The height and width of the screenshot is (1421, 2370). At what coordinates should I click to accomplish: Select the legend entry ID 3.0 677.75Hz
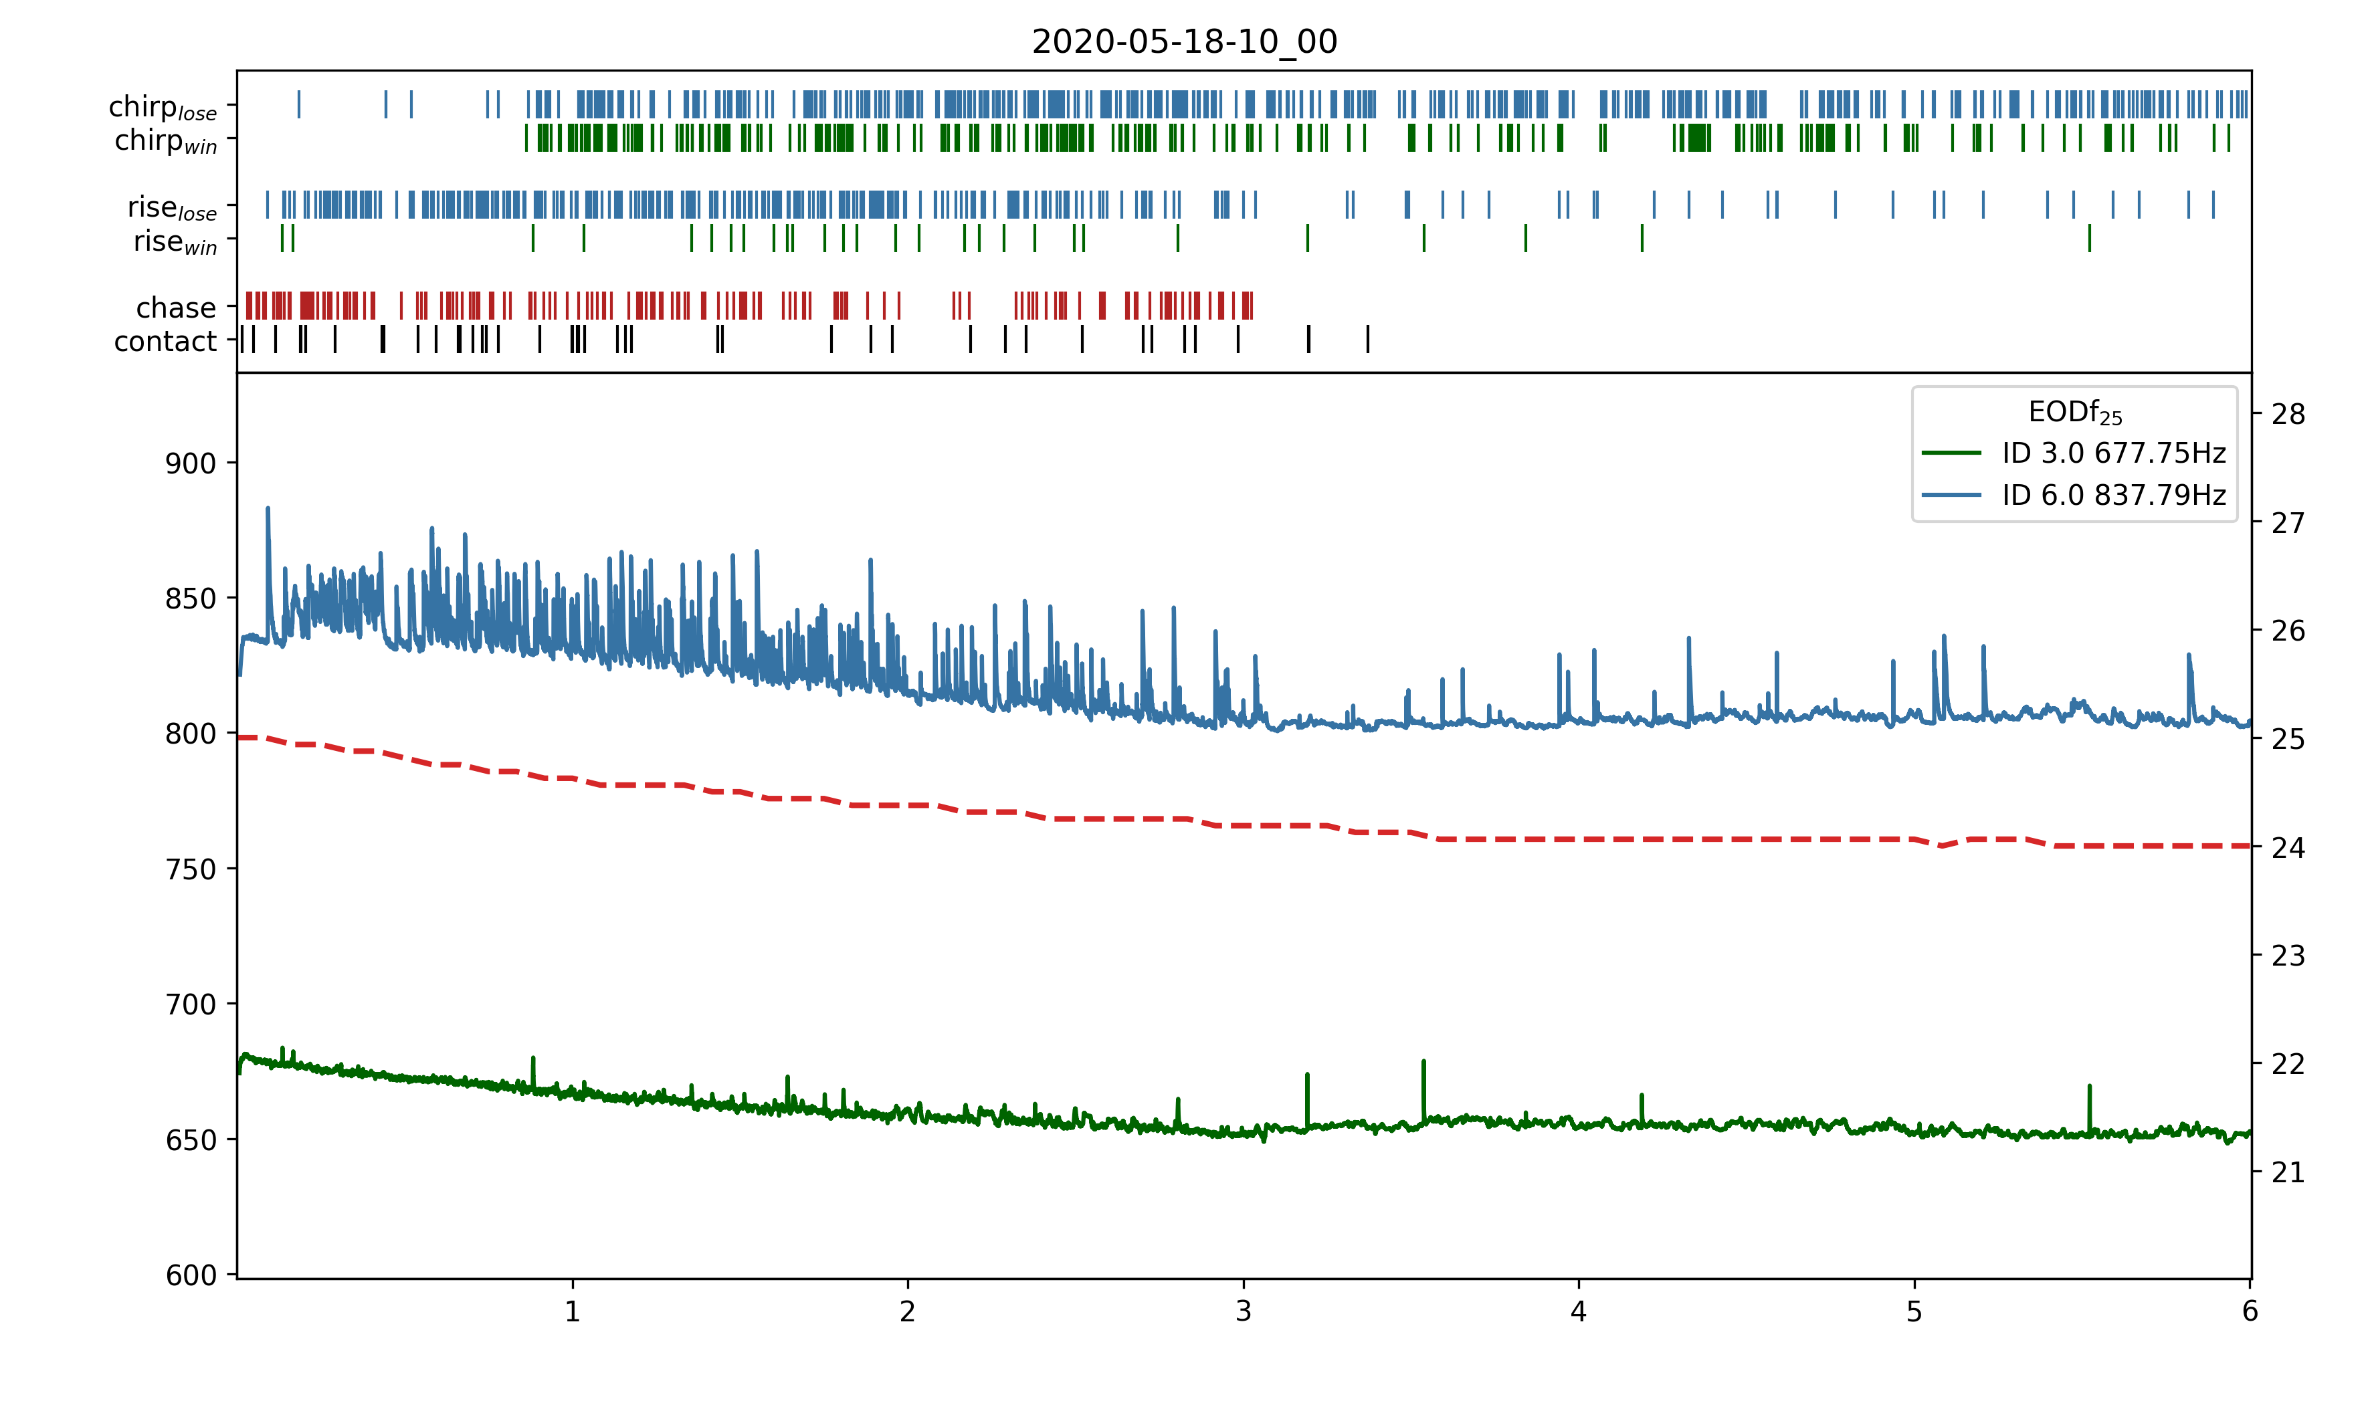[2113, 453]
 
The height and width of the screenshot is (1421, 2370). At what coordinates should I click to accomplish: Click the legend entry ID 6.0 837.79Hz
[2113, 495]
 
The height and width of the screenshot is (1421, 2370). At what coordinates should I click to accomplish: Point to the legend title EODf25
[2074, 413]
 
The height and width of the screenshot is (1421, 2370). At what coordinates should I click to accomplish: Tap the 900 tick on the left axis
[191, 463]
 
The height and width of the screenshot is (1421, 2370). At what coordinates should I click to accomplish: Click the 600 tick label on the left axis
[191, 1275]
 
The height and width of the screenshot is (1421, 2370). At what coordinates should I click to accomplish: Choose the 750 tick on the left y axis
[191, 869]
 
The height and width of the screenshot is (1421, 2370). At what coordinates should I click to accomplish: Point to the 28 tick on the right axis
[2288, 415]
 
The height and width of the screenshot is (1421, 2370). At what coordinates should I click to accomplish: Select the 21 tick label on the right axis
[2288, 1172]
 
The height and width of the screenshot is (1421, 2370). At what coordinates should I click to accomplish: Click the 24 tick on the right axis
[2288, 847]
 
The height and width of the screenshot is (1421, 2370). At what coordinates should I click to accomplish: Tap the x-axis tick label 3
[1243, 1312]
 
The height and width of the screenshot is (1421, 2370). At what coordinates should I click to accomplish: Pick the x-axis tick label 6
[2250, 1312]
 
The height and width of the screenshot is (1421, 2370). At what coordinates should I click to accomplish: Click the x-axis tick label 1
[573, 1312]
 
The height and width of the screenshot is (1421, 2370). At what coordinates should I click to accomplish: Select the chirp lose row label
[163, 107]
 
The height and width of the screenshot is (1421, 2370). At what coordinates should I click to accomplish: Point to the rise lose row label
[173, 208]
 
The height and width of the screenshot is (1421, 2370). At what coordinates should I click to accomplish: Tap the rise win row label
[175, 242]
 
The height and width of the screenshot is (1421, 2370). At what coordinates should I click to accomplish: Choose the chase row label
[176, 308]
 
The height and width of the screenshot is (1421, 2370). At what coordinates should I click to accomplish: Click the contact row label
[166, 342]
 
